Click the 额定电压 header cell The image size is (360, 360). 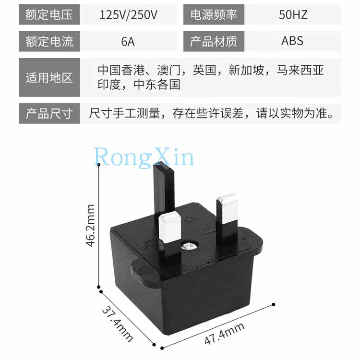(x=49, y=15)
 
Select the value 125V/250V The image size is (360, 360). (x=128, y=15)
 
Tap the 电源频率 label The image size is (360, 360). (x=214, y=15)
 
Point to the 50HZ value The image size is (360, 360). (x=293, y=15)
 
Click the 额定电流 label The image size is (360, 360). (x=49, y=41)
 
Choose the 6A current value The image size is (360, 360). (x=128, y=41)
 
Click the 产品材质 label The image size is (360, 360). (x=214, y=41)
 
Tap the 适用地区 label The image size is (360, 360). (x=49, y=77)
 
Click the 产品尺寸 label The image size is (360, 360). (x=49, y=114)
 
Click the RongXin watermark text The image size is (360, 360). (x=144, y=157)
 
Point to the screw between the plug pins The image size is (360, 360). (x=188, y=247)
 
